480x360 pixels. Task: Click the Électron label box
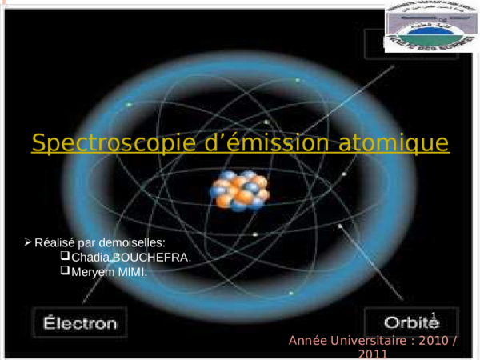pyautogui.click(x=79, y=324)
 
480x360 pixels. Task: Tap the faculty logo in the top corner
pyautogui.click(x=430, y=27)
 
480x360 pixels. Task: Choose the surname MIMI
pyautogui.click(x=132, y=272)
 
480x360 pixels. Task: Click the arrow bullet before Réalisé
pyautogui.click(x=28, y=242)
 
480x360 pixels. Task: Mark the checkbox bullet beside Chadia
pyautogui.click(x=65, y=257)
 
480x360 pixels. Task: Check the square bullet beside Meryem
pyautogui.click(x=65, y=271)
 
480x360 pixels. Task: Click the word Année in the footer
pyautogui.click(x=309, y=342)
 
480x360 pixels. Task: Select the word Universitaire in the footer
pyautogui.click(x=369, y=342)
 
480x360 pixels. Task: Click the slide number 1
pyautogui.click(x=434, y=317)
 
